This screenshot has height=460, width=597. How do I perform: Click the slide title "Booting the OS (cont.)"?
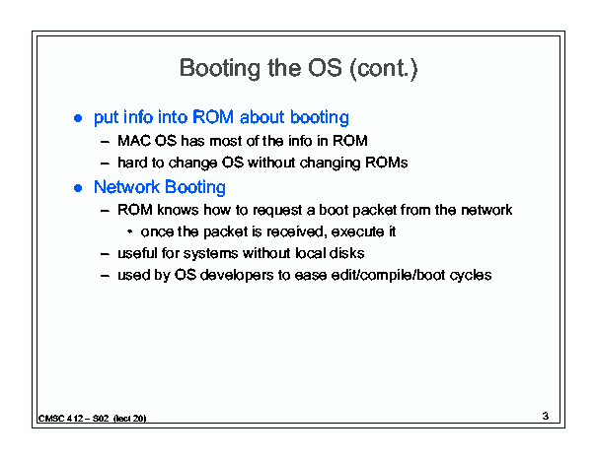click(298, 69)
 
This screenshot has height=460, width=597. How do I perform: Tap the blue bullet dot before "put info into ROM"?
click(78, 118)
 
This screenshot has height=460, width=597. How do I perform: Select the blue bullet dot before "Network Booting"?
click(78, 188)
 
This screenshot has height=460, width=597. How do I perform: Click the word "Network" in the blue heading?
click(126, 187)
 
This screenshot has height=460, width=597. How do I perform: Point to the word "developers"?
click(237, 276)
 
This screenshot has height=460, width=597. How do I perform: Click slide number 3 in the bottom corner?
click(546, 416)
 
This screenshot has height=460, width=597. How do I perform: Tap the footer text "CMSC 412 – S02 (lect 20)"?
click(92, 419)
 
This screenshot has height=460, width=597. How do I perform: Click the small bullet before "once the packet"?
click(130, 231)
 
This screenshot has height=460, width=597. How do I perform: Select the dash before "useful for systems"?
click(105, 254)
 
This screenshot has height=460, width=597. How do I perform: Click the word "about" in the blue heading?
click(262, 117)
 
